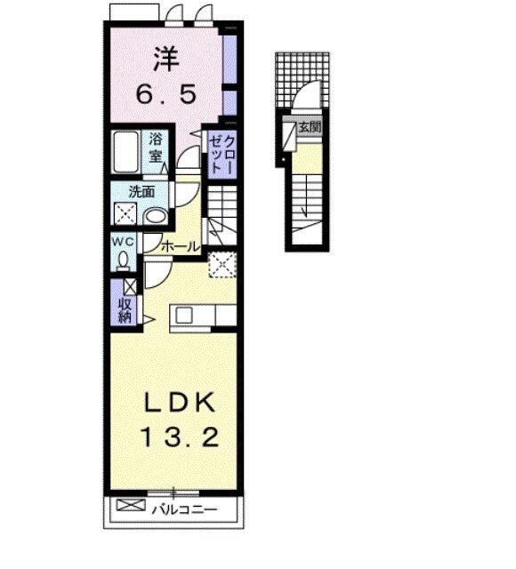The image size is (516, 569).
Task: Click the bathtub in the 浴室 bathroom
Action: (x=127, y=153)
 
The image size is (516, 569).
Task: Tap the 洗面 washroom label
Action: (x=141, y=191)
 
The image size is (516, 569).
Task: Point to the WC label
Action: (x=122, y=242)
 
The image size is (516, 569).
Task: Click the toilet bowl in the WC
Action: (x=122, y=260)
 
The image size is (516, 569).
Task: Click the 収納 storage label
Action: (x=125, y=308)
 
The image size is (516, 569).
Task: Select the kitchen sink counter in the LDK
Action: (x=204, y=314)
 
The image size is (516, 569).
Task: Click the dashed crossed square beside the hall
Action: (x=222, y=263)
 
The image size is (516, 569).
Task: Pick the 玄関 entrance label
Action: (x=310, y=126)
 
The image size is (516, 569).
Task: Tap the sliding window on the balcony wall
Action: (x=173, y=491)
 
